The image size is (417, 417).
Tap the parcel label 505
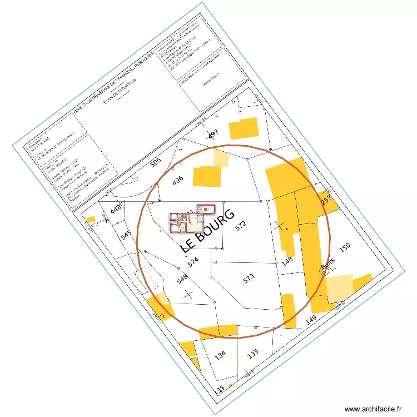156,163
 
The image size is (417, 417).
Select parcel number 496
178,181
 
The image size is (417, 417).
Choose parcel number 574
193,262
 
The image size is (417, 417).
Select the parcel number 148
287,262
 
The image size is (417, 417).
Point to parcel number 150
345,247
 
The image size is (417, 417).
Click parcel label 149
311,319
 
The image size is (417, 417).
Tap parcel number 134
221,355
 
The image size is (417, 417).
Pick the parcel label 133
253,353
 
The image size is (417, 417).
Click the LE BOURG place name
208,231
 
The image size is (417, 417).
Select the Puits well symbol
324,270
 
